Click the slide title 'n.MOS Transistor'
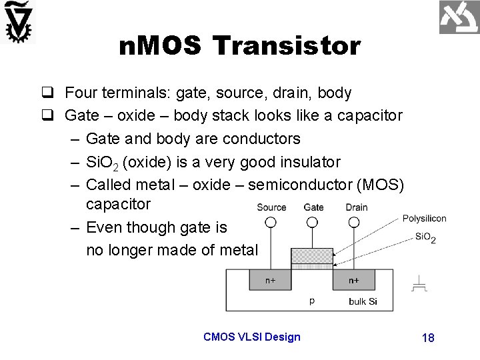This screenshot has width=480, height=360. click(x=240, y=46)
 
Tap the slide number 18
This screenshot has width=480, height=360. click(x=428, y=338)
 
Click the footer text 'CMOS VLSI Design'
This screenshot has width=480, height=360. click(x=252, y=337)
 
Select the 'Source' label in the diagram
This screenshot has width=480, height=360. click(x=271, y=207)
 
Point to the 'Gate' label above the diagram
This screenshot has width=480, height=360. click(x=313, y=207)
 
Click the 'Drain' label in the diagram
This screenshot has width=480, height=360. click(x=357, y=207)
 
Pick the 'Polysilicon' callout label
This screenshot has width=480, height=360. click(x=424, y=219)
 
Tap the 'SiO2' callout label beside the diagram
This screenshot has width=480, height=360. click(x=425, y=237)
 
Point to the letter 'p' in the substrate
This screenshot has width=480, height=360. click(x=312, y=300)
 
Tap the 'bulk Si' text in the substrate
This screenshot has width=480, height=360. click(x=363, y=301)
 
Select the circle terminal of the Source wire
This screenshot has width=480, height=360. click(x=271, y=219)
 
